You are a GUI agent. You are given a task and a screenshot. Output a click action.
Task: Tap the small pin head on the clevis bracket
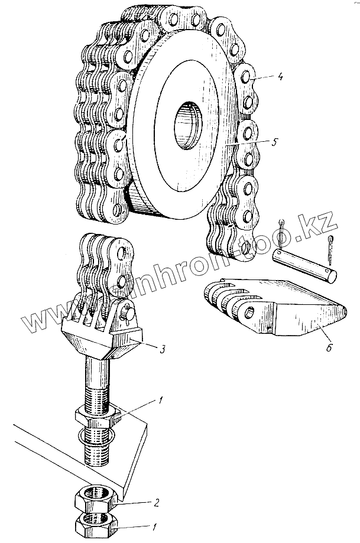tap(128, 316)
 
